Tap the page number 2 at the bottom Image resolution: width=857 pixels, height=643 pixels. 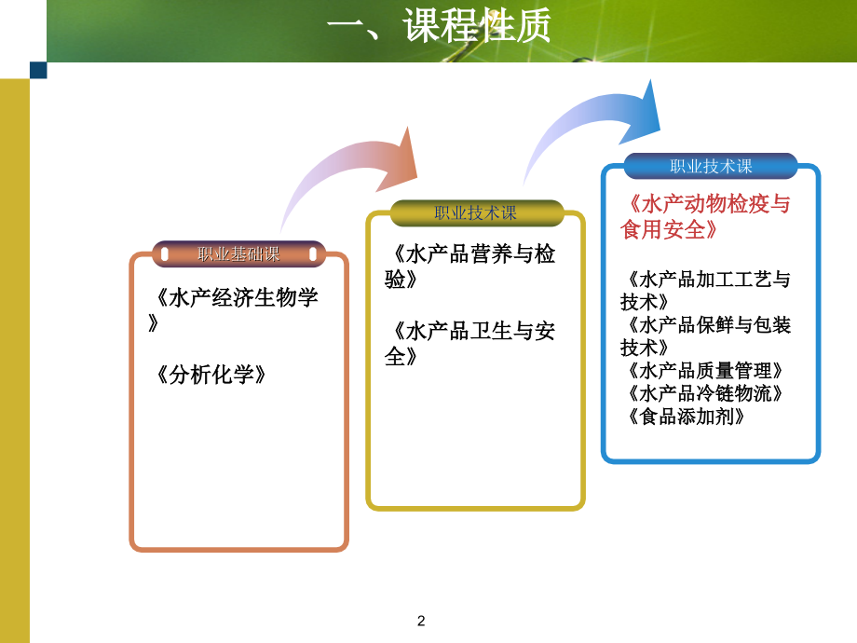421,621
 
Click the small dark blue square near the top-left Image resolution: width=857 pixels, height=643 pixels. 38,70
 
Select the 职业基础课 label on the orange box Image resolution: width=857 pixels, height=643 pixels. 238,253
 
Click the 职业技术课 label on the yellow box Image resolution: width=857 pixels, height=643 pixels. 476,212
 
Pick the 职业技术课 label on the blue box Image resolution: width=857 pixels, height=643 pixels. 711,166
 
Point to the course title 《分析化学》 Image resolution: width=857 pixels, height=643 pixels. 211,375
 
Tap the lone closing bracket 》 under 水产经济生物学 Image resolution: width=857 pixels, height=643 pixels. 154,322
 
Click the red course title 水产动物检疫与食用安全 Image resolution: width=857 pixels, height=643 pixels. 705,216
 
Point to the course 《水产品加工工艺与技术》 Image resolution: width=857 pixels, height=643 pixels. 705,290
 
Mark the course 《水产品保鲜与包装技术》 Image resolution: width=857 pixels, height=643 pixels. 705,335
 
